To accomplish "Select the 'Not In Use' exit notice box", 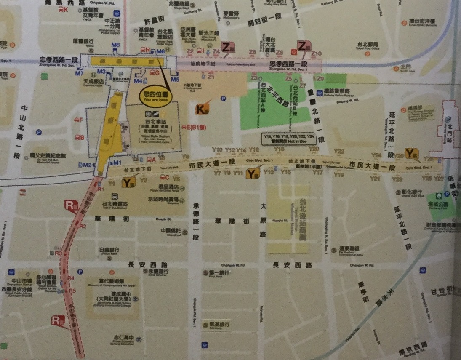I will click(x=288, y=139).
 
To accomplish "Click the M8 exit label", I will click(x=115, y=45).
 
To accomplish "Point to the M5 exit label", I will click(x=175, y=79).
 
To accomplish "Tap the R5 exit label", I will click(x=72, y=291).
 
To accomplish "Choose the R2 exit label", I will click(x=83, y=226).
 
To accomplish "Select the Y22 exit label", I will click(x=339, y=151).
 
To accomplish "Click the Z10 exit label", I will click(x=317, y=53).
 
